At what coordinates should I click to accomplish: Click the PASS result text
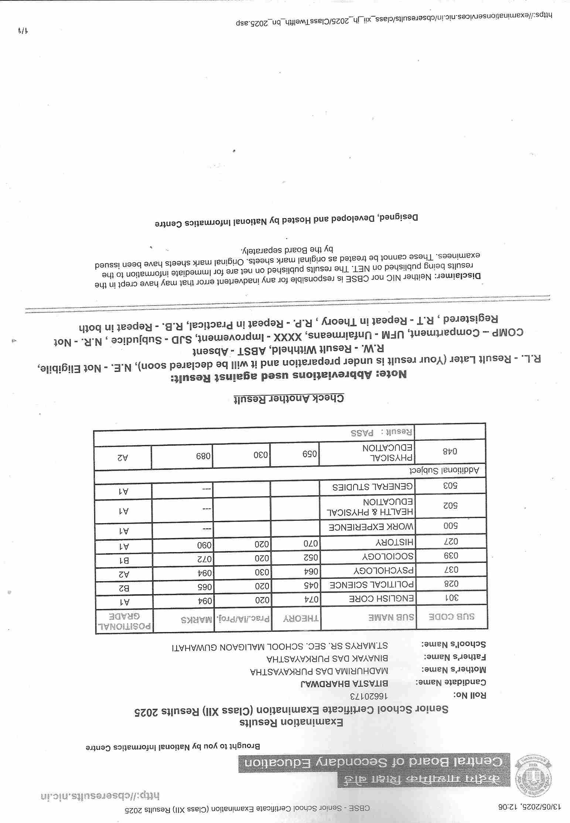pyautogui.click(x=362, y=432)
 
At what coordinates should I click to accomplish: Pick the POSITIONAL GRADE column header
pyautogui.click(x=124, y=621)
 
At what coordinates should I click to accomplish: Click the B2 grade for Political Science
pyautogui.click(x=124, y=588)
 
